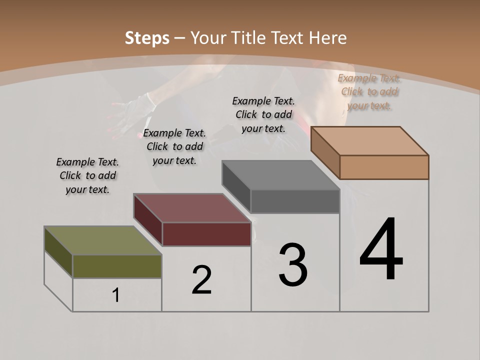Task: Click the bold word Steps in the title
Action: (147, 38)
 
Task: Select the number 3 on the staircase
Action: (293, 264)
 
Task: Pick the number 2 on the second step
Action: (201, 280)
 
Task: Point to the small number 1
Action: (116, 295)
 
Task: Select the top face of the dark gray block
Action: (280, 175)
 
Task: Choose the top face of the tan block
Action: (369, 140)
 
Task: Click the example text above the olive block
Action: (87, 175)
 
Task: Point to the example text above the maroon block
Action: (174, 146)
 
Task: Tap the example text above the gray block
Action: (263, 114)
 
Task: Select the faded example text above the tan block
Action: (369, 91)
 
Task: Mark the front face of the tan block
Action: (384, 167)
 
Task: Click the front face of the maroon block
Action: (206, 234)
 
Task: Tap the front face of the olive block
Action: (117, 266)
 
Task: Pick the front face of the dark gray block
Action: (295, 201)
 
